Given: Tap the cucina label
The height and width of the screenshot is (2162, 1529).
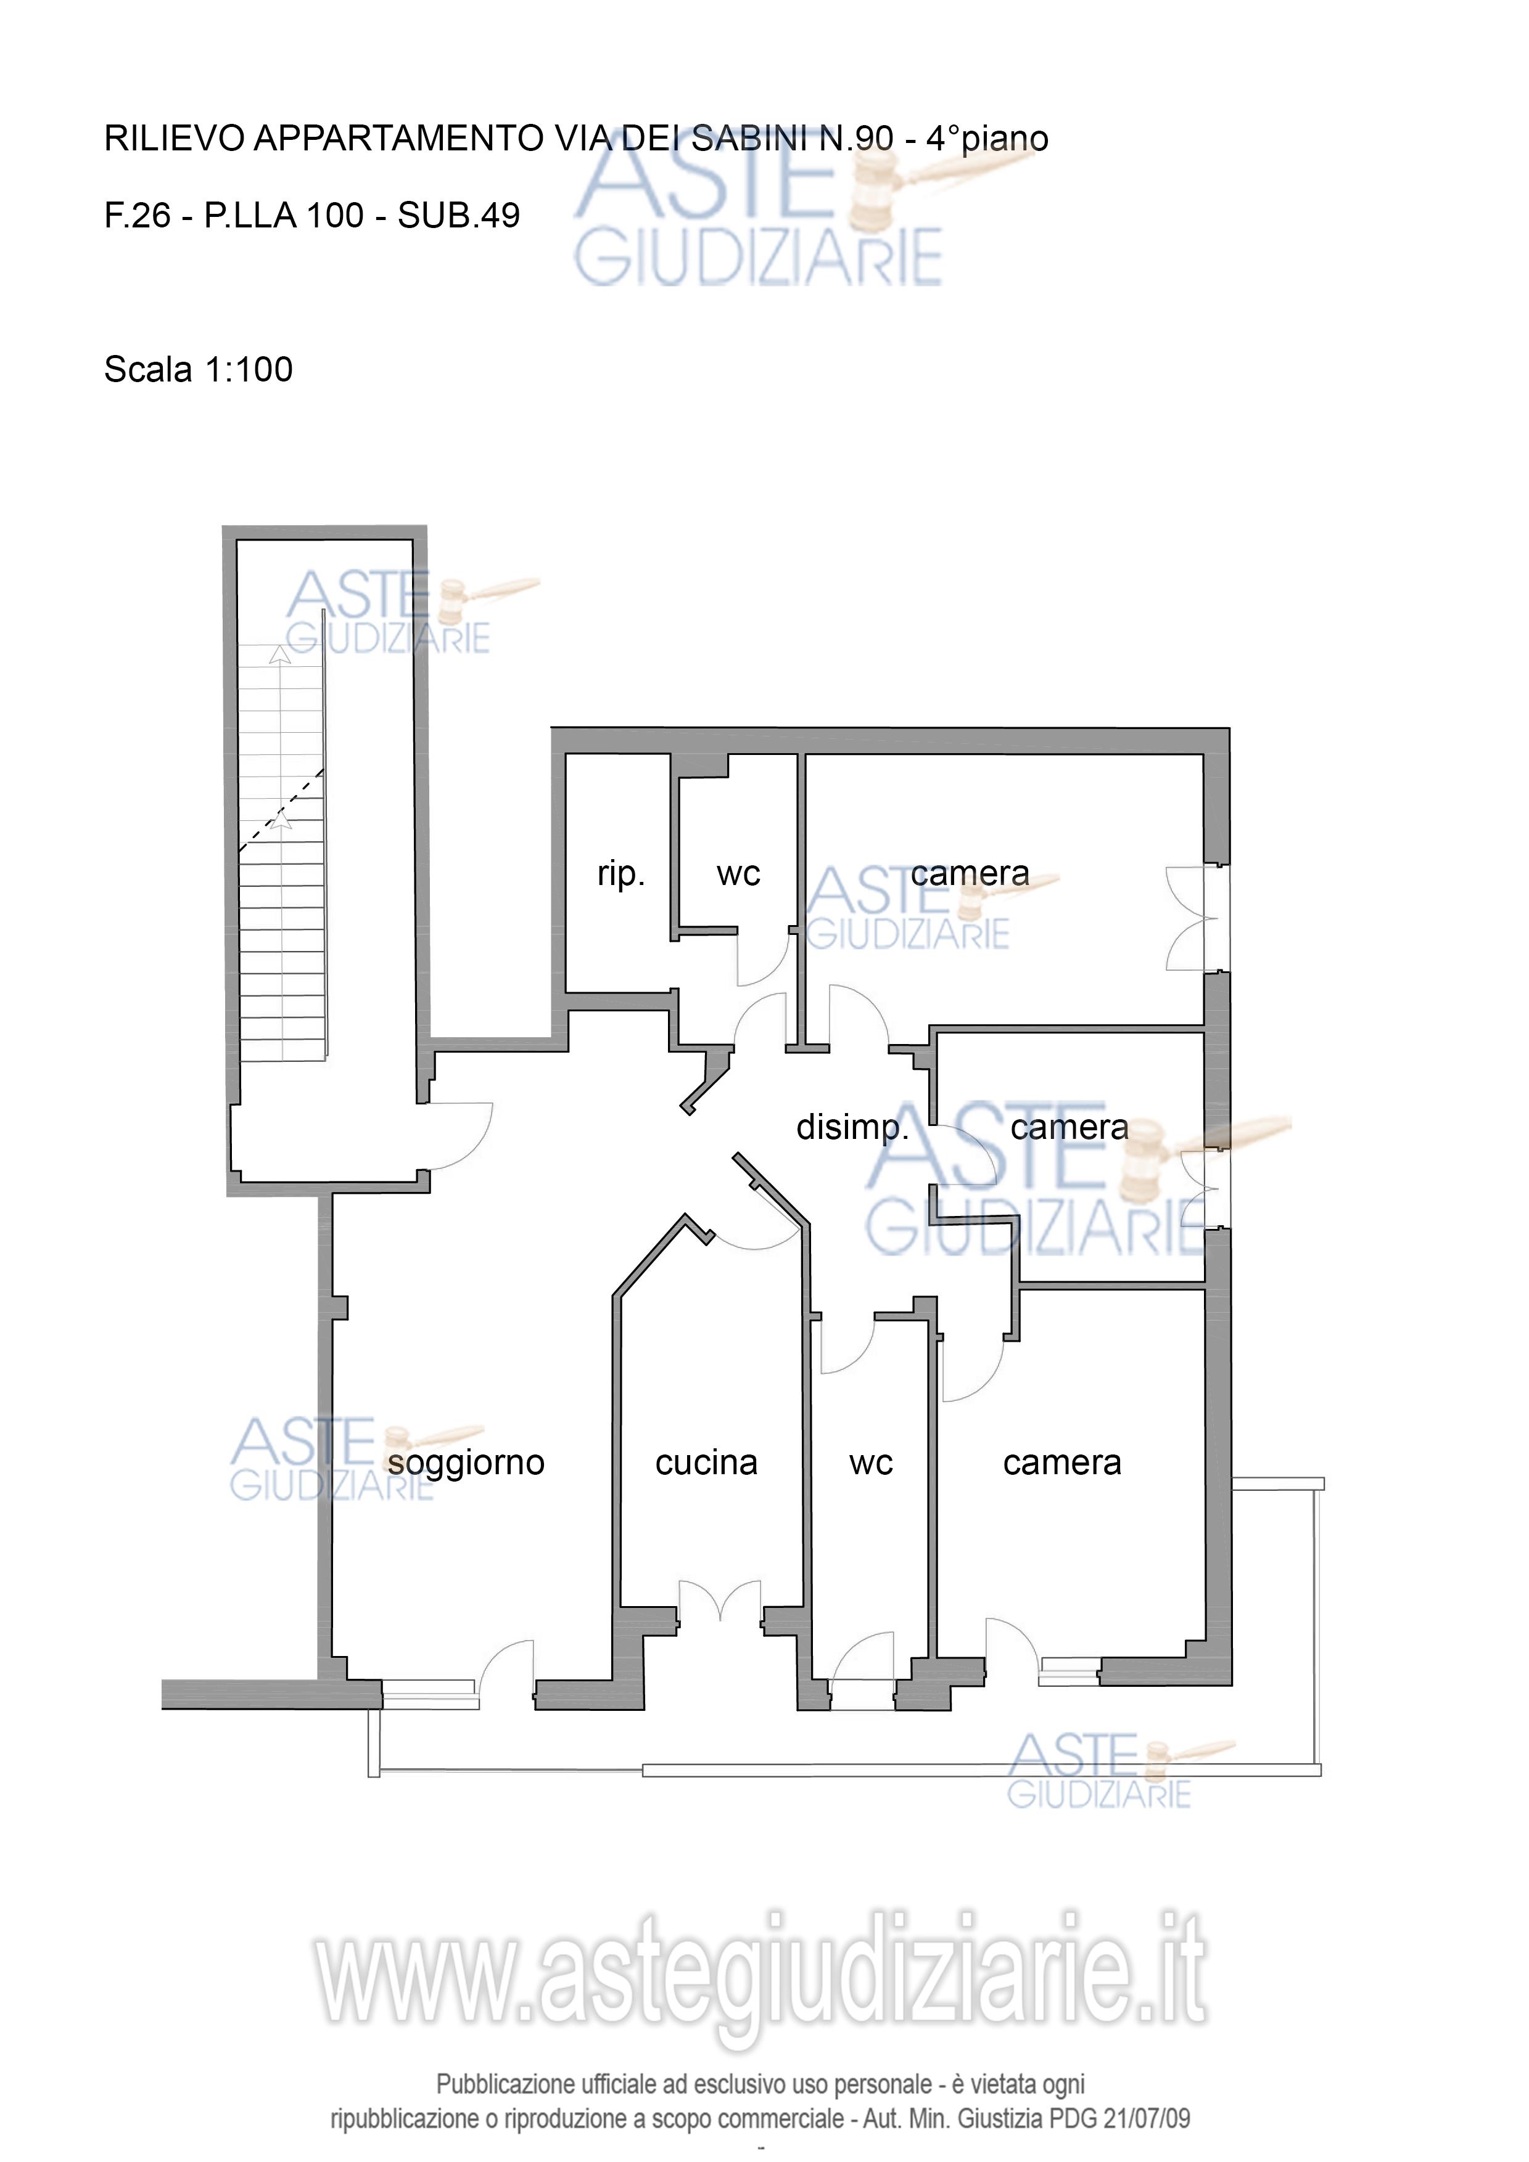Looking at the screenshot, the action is pos(707,1462).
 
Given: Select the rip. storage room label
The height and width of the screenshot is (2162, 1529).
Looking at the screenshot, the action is pos(621,875).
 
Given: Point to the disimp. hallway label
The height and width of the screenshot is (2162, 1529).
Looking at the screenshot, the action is pos(852,1128).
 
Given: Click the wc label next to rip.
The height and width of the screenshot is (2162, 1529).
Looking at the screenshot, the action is pos(738,875).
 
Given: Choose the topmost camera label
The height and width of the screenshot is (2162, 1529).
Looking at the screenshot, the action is pos(970,875).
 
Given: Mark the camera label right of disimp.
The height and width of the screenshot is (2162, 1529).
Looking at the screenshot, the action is pos(1069,1128).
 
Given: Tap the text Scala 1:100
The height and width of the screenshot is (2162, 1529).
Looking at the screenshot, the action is pos(199,369).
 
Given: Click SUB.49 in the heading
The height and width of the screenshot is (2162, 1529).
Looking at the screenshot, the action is pos(459,216).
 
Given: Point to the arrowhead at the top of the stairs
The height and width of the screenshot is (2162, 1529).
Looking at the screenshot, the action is pos(279,655).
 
